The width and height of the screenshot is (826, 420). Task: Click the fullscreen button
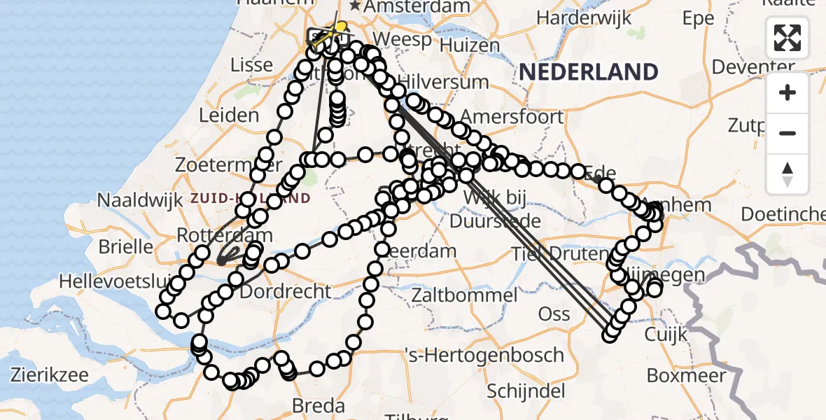(x=787, y=38)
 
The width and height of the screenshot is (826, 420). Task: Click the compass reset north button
(x=787, y=174)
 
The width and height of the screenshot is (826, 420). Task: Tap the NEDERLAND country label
(x=589, y=71)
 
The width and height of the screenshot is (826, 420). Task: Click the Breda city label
(x=318, y=405)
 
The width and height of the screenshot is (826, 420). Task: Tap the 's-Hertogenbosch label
(x=484, y=354)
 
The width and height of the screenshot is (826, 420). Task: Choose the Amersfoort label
(x=512, y=116)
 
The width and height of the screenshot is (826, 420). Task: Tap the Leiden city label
(x=229, y=115)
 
